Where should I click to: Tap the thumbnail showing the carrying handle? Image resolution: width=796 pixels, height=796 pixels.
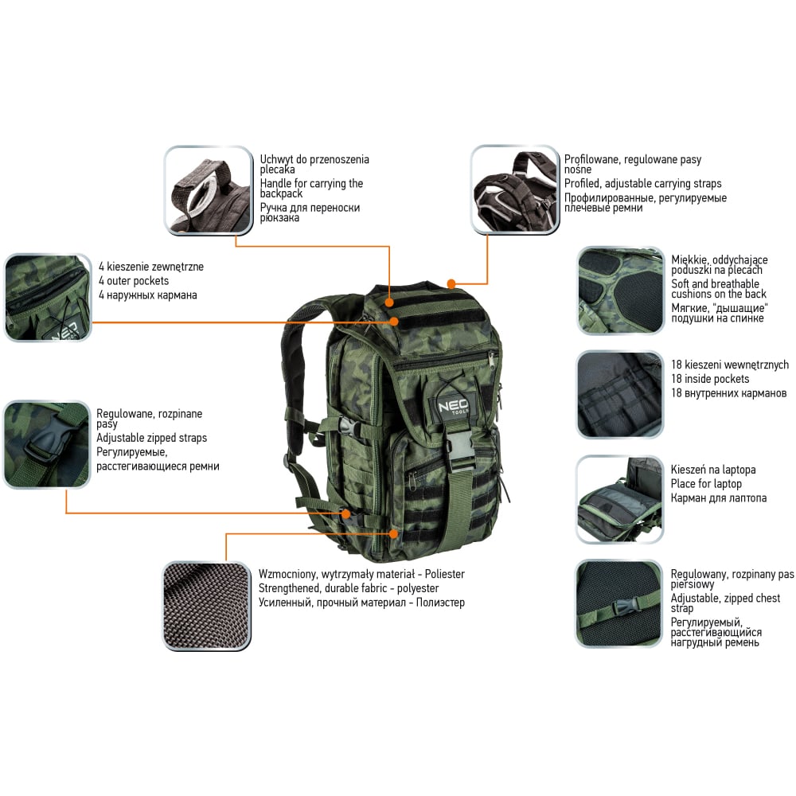pyautogui.click(x=209, y=191)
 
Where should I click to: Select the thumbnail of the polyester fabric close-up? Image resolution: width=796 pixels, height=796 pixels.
pyautogui.click(x=207, y=606)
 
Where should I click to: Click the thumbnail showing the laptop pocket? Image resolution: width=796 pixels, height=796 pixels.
pyautogui.click(x=620, y=500)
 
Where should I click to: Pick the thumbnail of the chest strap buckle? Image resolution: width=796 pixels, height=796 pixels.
pyautogui.click(x=618, y=604)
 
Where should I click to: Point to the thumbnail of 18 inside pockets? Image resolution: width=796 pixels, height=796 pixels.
pyautogui.click(x=620, y=395)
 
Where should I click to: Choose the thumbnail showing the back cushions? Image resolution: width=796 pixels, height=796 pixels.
pyautogui.click(x=621, y=291)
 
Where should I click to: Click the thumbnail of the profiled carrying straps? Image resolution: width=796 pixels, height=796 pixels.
pyautogui.click(x=515, y=190)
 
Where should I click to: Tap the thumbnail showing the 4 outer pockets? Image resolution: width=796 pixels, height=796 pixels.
pyautogui.click(x=49, y=298)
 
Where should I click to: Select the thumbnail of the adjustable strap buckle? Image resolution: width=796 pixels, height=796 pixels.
pyautogui.click(x=47, y=445)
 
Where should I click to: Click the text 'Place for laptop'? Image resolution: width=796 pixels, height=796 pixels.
pyautogui.click(x=706, y=484)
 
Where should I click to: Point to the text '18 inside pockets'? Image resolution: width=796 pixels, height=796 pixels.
pyautogui.click(x=710, y=379)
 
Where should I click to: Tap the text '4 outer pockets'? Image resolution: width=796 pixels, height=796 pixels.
pyautogui.click(x=134, y=281)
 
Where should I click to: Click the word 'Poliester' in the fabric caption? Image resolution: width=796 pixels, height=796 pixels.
pyautogui.click(x=445, y=574)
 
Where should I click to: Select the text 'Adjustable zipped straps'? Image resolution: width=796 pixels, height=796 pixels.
pyautogui.click(x=152, y=438)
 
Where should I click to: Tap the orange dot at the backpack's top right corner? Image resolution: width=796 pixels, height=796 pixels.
pyautogui.click(x=451, y=283)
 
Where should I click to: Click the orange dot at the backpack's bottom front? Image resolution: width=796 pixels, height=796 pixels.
pyautogui.click(x=393, y=533)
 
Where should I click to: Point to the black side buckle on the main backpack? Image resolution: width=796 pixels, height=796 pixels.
pyautogui.click(x=345, y=427)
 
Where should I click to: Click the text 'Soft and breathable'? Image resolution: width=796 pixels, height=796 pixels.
pyautogui.click(x=715, y=284)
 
